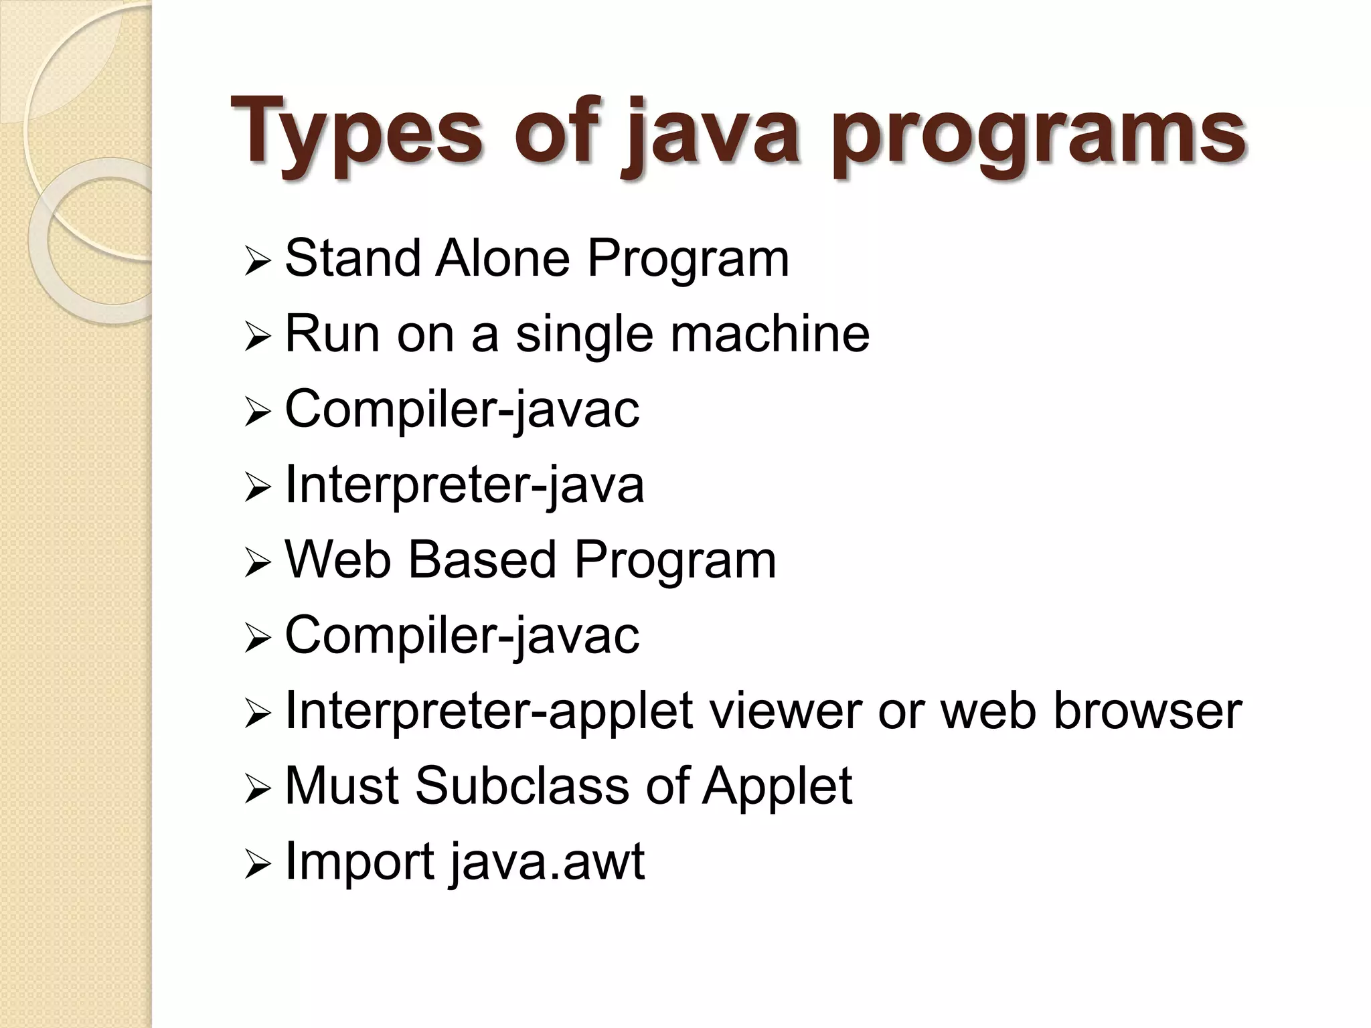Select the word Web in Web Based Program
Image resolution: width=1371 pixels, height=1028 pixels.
(338, 560)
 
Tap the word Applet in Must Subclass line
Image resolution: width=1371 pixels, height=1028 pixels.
(777, 786)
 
